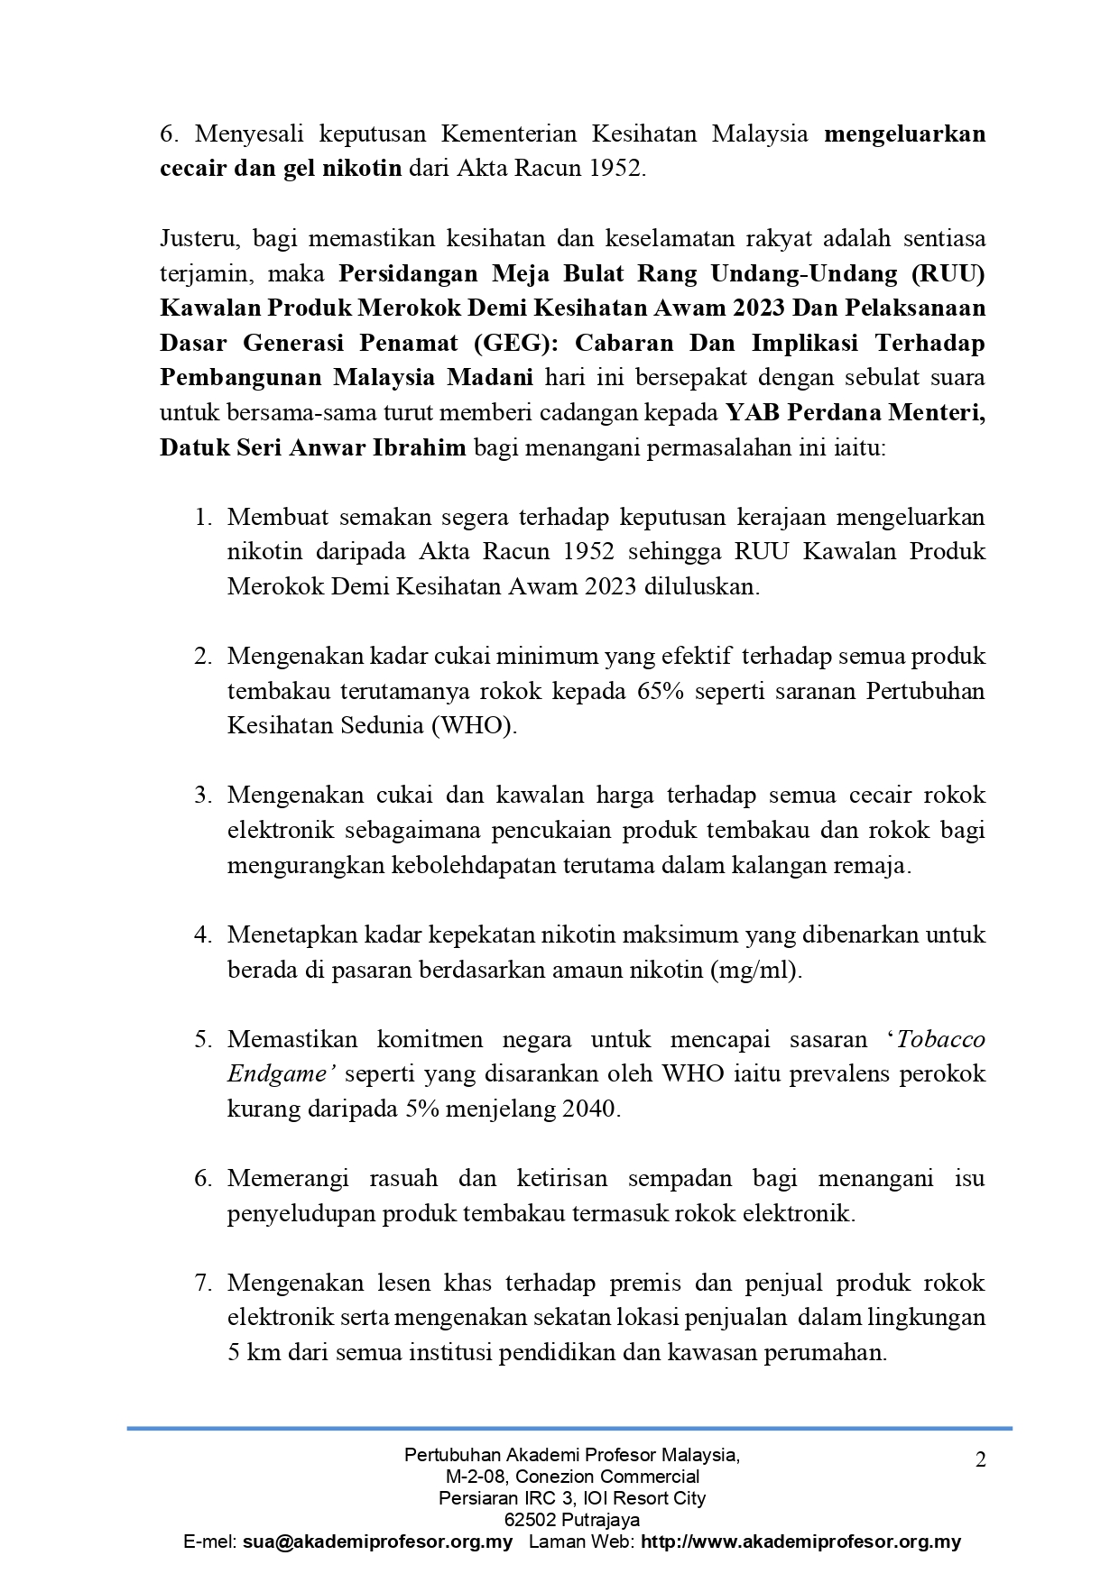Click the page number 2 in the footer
point(980,1459)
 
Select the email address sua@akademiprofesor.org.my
point(377,1542)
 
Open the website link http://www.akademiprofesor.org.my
point(800,1542)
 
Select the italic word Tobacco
point(941,1039)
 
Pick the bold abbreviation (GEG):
point(521,343)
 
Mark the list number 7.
point(203,1283)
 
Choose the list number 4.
point(203,934)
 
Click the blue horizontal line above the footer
point(569,1428)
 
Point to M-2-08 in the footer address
point(476,1477)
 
